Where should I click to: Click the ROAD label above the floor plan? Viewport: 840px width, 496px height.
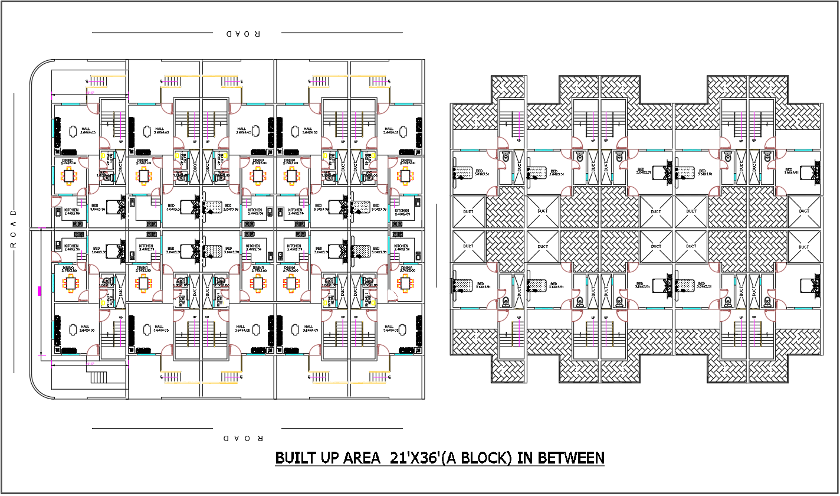pos(243,34)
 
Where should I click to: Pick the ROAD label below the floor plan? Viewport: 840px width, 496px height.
pos(243,438)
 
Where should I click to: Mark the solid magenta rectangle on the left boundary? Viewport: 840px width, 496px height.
pos(40,291)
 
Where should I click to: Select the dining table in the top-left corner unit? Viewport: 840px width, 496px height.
pos(70,175)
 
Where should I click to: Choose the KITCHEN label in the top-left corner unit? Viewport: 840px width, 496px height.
pos(71,210)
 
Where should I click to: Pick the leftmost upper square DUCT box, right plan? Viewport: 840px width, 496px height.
pos(468,211)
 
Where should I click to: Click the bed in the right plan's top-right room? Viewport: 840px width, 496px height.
pos(810,172)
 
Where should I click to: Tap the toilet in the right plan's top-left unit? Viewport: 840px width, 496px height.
pos(506,156)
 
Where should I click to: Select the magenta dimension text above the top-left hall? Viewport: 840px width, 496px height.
pos(90,93)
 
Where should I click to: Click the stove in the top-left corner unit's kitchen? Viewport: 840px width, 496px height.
pos(77,223)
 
